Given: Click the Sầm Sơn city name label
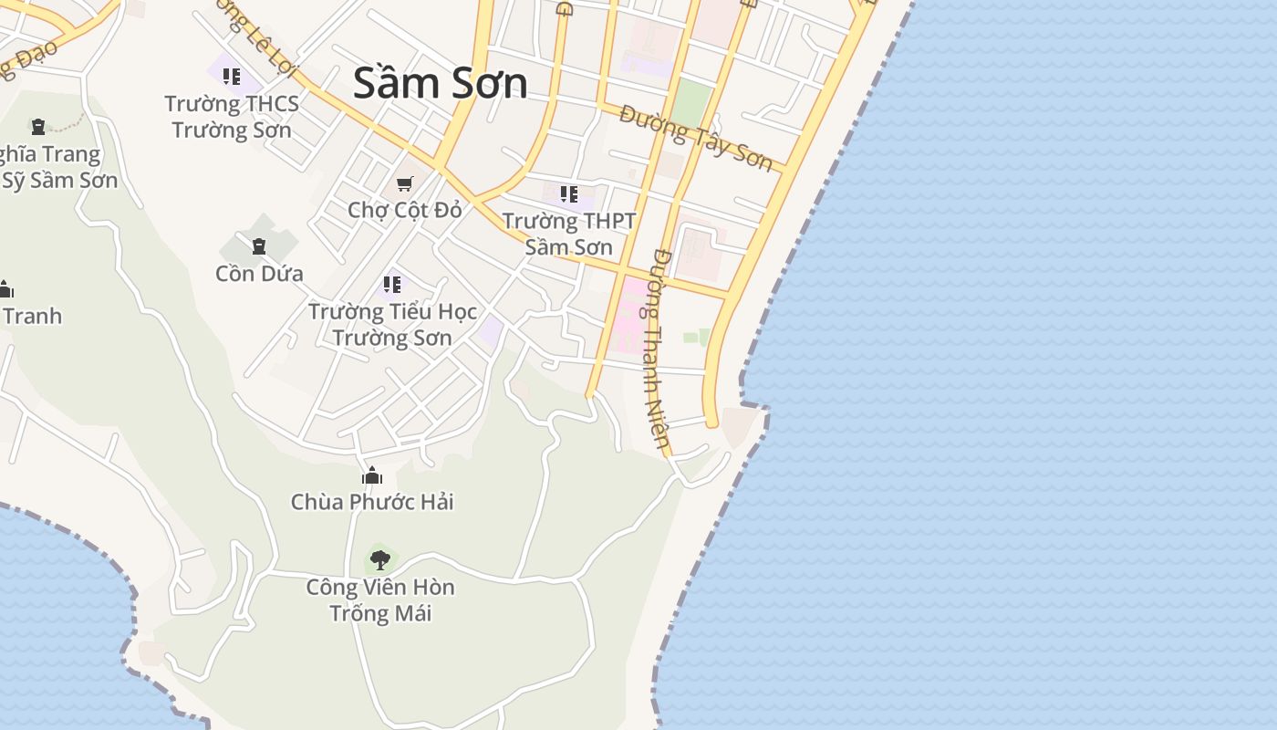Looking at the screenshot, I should point(440,83).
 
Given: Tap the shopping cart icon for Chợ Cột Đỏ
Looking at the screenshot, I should point(405,183).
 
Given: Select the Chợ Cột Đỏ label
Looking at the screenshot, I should point(405,210).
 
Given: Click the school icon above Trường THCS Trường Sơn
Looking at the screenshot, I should point(232,77).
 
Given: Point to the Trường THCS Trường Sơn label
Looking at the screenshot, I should point(232,117).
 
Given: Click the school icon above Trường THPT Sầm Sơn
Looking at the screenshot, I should point(568,193).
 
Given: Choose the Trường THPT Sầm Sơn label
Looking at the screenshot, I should point(568,234).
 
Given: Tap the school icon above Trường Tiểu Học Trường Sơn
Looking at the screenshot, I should point(392,285).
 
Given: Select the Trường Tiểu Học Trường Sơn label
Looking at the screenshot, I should point(392,324).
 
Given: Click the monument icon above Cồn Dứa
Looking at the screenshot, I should point(259,245).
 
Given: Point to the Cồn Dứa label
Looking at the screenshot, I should point(259,273).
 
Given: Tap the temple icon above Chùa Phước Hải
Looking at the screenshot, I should point(372,475).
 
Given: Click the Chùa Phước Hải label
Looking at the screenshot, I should point(372,502).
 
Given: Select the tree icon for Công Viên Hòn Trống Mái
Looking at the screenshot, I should point(380,559).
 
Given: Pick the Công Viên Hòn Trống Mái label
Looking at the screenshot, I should point(380,600).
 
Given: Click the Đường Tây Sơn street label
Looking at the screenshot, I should point(696,138).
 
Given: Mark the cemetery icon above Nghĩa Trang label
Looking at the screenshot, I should point(38,127).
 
